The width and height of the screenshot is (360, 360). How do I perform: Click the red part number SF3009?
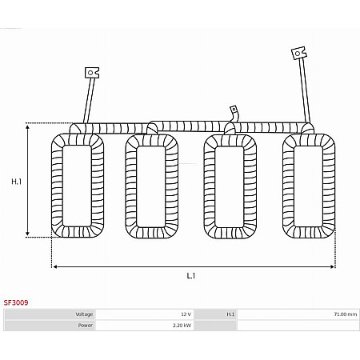coord(16,302)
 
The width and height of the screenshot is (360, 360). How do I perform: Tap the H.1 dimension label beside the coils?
coord(16,182)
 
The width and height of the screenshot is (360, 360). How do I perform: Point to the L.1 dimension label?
coord(191,275)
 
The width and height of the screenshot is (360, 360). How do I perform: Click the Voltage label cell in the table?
coord(50,314)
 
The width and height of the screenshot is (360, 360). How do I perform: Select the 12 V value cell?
coord(145,314)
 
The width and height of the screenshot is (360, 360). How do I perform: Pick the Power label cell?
coord(50,326)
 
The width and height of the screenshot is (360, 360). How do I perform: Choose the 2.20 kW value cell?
coord(145,326)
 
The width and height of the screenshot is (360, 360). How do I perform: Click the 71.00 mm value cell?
coord(298,314)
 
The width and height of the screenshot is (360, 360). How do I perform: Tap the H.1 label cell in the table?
coord(215,314)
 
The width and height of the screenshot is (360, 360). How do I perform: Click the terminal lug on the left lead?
coord(92,73)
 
